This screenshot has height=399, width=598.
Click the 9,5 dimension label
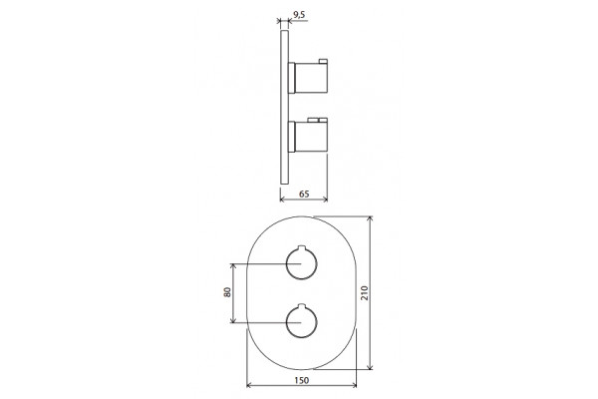point(299,15)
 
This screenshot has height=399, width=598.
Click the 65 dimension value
point(304,194)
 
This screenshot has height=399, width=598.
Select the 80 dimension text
point(227,292)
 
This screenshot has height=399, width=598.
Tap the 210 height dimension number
point(365,293)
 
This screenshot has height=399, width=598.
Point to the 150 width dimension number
point(301,380)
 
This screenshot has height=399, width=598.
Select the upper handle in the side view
point(308,78)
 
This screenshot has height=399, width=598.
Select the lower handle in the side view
point(308,136)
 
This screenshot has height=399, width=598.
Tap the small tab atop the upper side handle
point(323,61)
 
